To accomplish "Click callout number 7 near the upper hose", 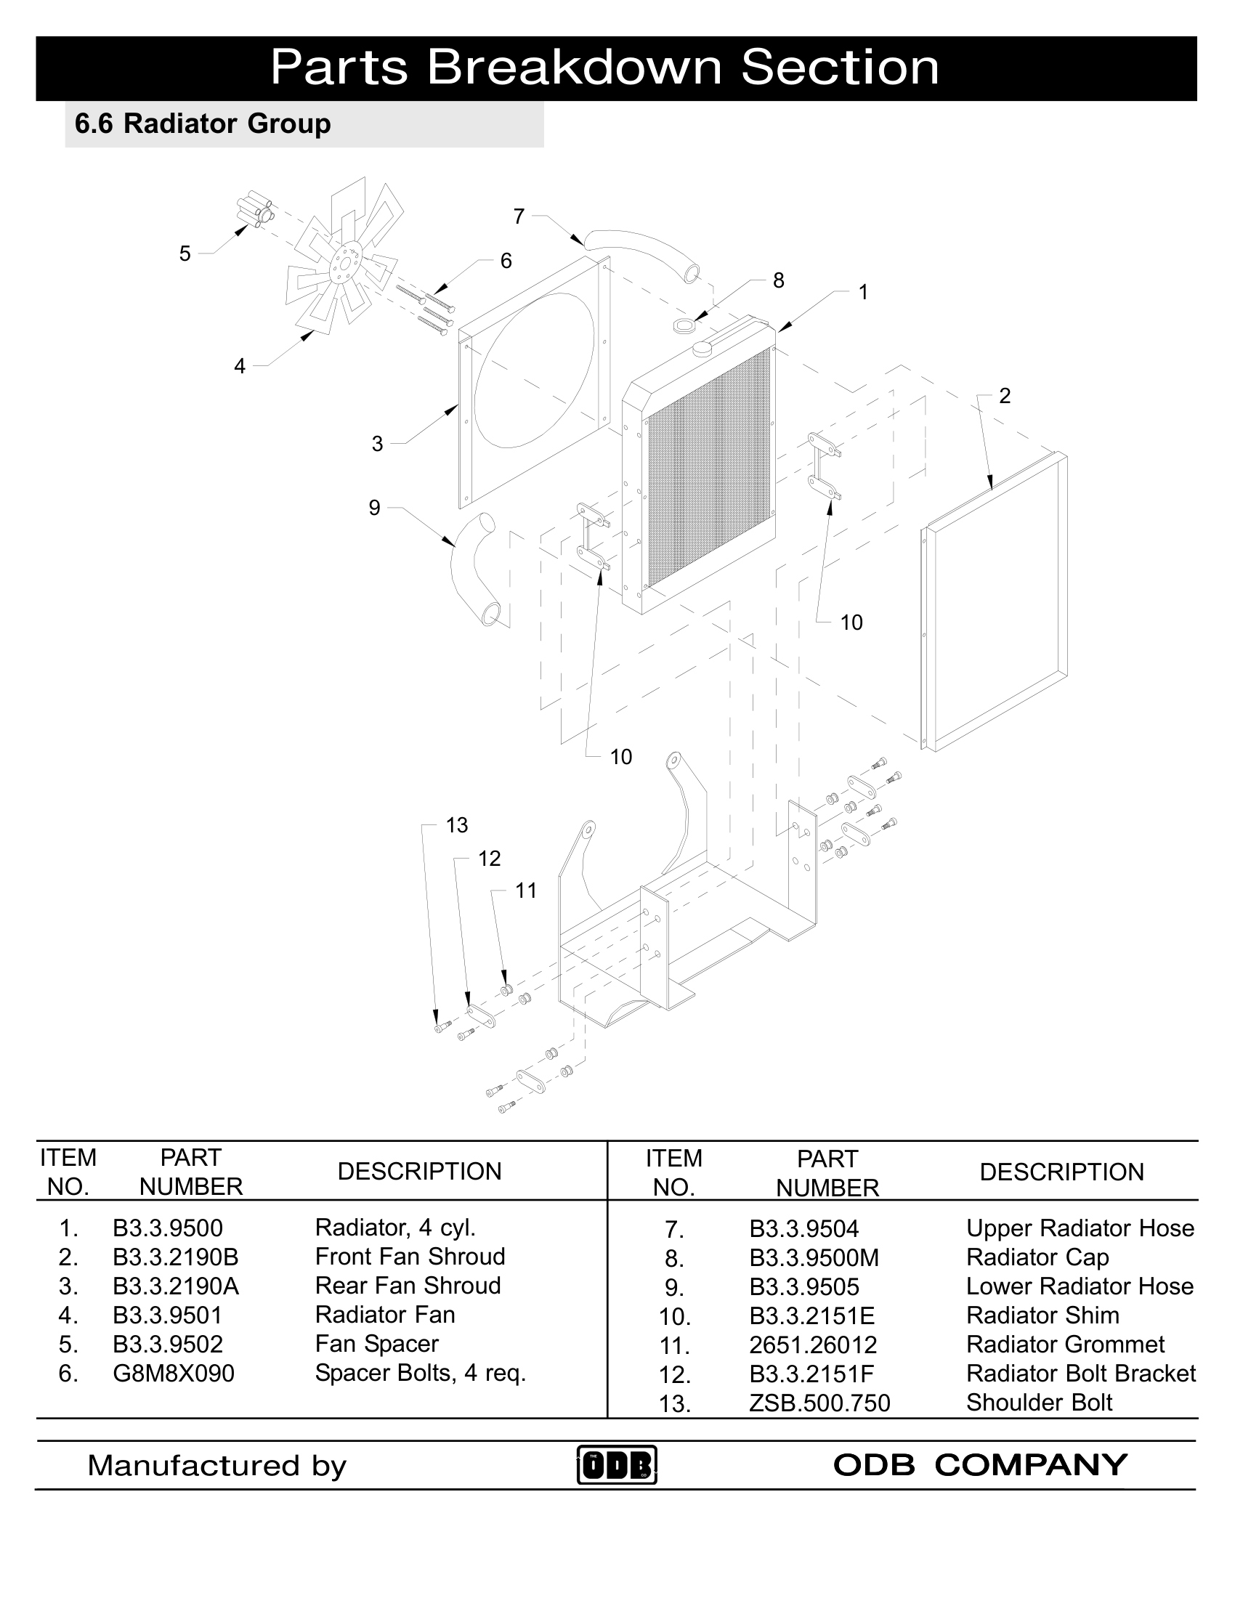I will click(x=519, y=216).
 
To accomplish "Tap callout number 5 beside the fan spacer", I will click(x=185, y=254).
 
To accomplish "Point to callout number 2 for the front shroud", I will click(x=1005, y=396).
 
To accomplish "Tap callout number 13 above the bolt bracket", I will click(x=456, y=825).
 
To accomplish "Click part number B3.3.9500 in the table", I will click(x=168, y=1228).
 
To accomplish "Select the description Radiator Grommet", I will click(x=1065, y=1344).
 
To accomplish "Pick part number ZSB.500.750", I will click(x=819, y=1403).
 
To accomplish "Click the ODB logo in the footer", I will click(x=617, y=1464).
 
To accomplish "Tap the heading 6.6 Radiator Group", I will click(x=203, y=123).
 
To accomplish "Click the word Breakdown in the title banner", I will click(x=574, y=68).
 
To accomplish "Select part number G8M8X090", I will click(x=174, y=1374).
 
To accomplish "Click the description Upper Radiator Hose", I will click(x=1080, y=1228).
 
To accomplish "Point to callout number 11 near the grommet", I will click(x=526, y=891).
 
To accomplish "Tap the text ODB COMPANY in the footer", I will click(x=980, y=1465).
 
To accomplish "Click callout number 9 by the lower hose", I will click(x=375, y=508).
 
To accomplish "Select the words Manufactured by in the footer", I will click(x=216, y=1466).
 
